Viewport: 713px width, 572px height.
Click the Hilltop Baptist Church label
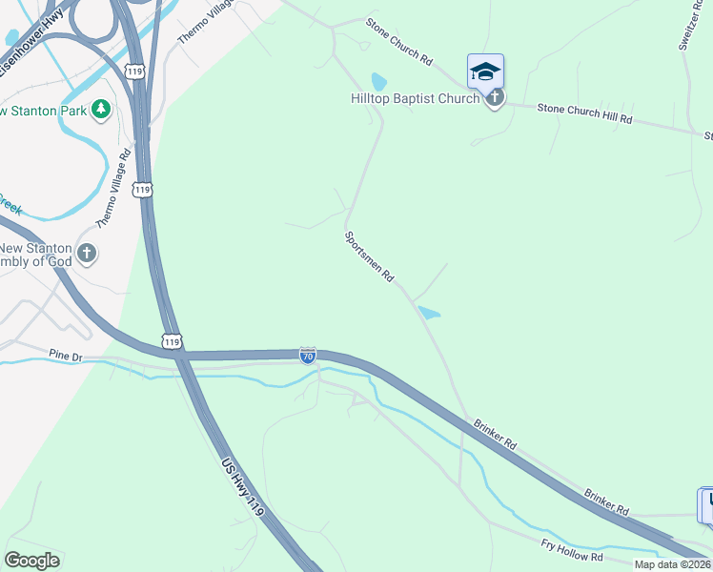click(415, 98)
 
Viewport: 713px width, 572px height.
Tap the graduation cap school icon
click(485, 71)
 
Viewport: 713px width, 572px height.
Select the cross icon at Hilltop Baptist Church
click(495, 97)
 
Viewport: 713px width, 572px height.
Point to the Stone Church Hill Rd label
click(584, 114)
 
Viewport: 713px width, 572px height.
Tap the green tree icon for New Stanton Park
click(101, 111)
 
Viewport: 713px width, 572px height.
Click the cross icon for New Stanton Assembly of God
click(87, 254)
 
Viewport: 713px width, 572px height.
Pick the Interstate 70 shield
click(307, 356)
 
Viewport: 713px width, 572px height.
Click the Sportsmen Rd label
click(369, 256)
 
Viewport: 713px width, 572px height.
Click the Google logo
click(31, 561)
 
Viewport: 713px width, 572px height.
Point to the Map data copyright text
click(673, 564)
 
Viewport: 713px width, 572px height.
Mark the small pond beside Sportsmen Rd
click(429, 312)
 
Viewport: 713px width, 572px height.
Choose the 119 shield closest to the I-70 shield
click(172, 341)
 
